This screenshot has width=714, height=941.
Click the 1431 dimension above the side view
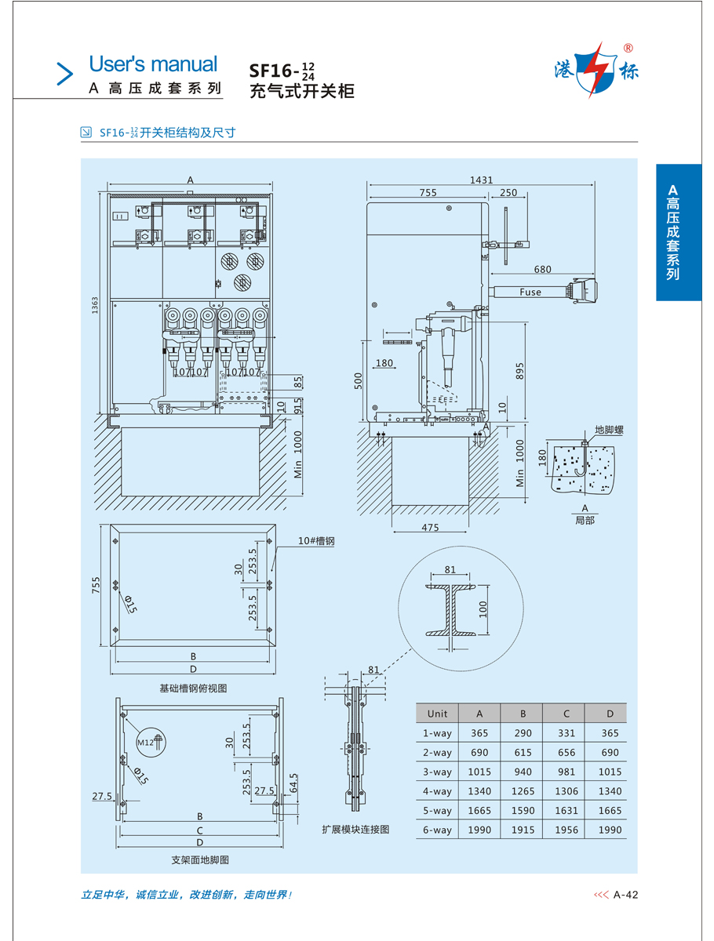(x=482, y=180)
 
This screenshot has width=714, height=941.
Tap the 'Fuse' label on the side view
(x=530, y=292)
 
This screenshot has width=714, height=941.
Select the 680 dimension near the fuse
(x=542, y=270)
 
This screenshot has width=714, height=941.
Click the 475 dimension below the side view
(x=430, y=528)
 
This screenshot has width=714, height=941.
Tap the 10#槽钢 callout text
(x=316, y=541)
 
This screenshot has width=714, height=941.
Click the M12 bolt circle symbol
(x=148, y=743)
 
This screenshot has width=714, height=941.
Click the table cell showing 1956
(x=566, y=830)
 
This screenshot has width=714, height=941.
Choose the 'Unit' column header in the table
(x=437, y=714)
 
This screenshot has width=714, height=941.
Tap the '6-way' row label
(x=437, y=830)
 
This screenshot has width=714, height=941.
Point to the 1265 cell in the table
(x=523, y=792)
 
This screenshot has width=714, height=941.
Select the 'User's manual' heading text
(x=153, y=64)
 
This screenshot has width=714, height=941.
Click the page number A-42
(x=626, y=895)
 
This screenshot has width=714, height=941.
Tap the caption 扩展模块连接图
(x=355, y=829)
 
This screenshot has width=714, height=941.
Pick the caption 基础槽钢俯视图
(x=193, y=688)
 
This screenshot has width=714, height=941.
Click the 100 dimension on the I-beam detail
(x=483, y=608)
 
